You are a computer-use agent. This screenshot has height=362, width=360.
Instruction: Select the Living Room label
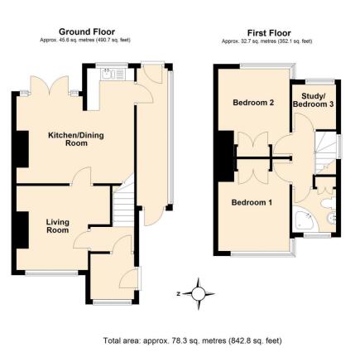[x=57, y=224]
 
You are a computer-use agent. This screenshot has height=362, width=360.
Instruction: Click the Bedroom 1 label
[x=250, y=202]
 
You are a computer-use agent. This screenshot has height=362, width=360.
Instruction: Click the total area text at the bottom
[x=179, y=340]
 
